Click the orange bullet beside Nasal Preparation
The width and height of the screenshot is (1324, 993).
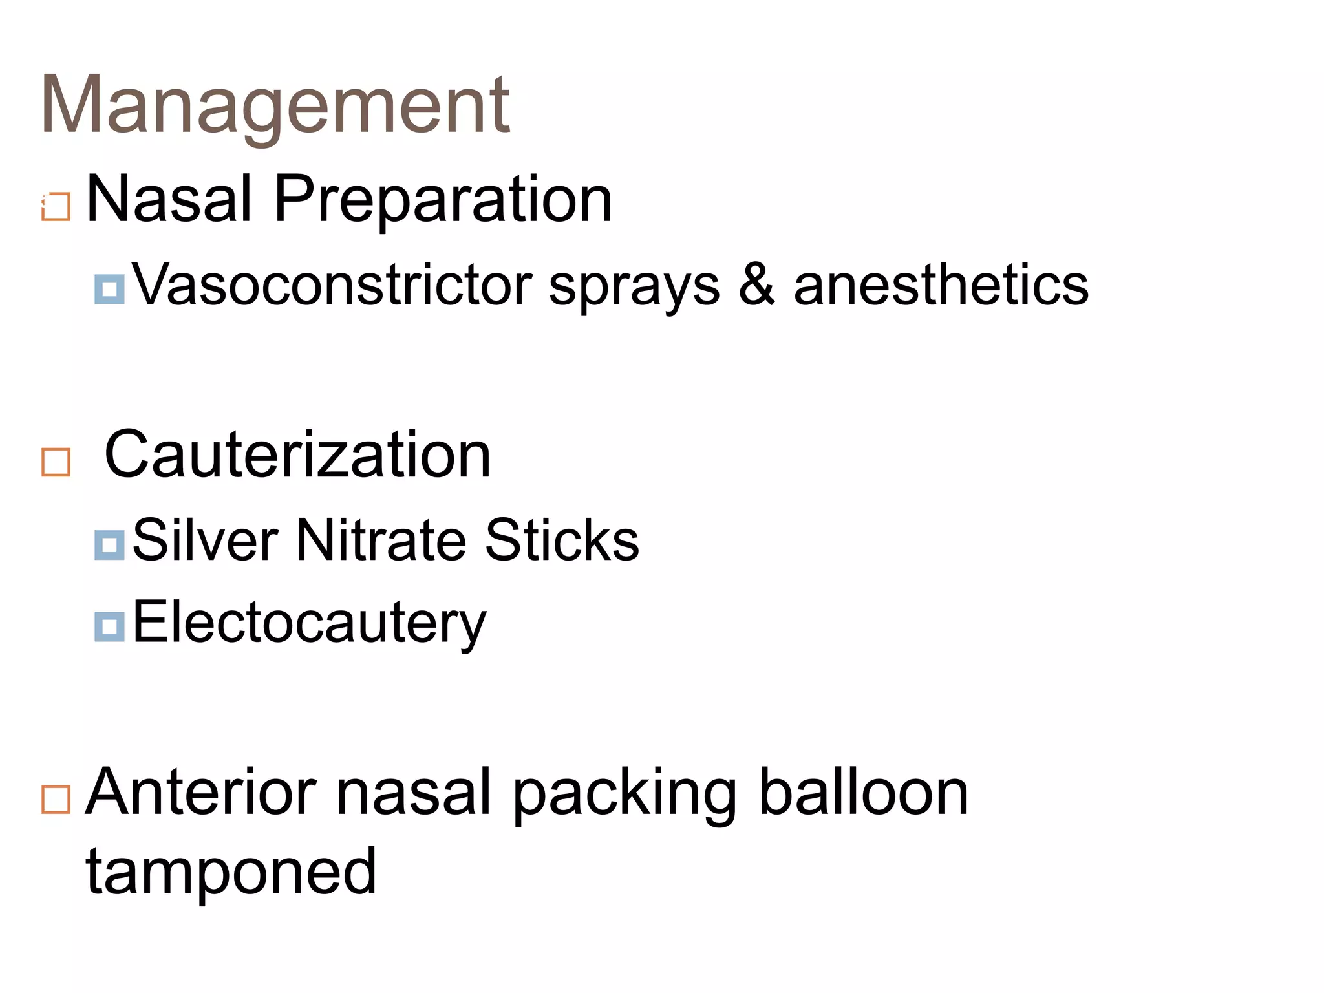pos(56,207)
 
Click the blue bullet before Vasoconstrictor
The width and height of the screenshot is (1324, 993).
pos(109,289)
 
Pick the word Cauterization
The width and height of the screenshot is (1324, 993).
pos(297,455)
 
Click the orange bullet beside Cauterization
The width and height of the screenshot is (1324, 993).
pos(56,462)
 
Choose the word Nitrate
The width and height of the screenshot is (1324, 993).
pos(381,540)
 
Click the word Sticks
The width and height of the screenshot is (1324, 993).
pos(562,540)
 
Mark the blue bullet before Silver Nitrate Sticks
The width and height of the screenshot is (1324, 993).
pos(109,544)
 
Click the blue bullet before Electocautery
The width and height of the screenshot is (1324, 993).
pos(109,626)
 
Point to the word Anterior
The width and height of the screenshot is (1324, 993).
pos(201,793)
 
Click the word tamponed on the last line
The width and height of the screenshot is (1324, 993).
pos(231,873)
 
